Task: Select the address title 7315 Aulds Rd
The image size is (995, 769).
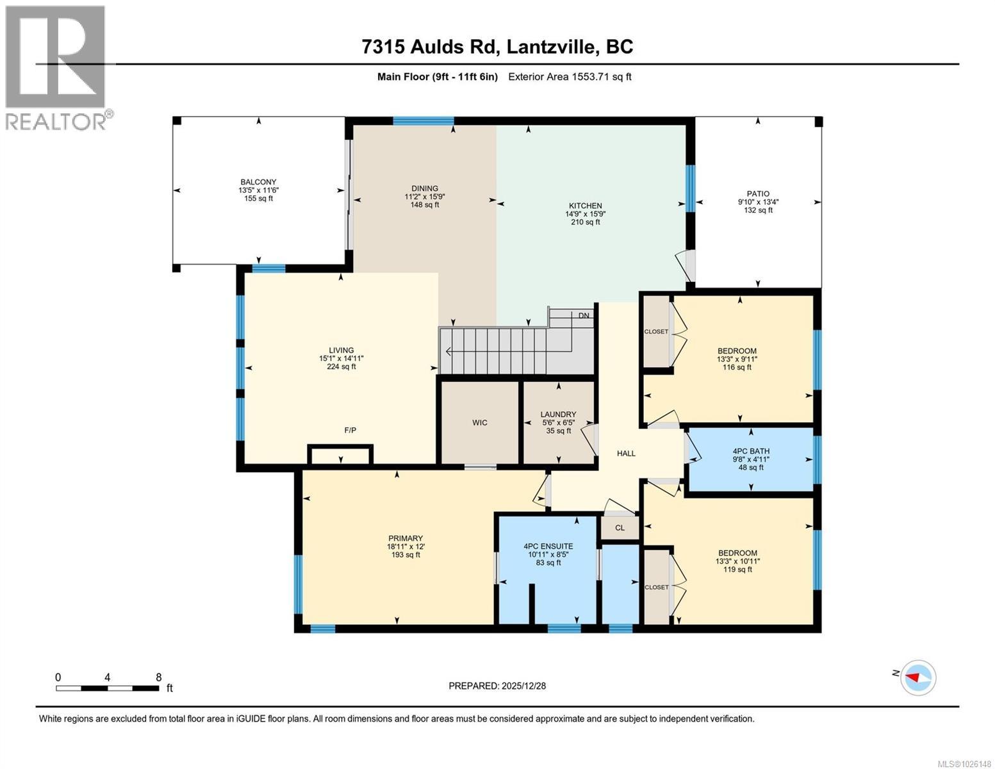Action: coord(497,47)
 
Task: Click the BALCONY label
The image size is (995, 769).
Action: coord(258,182)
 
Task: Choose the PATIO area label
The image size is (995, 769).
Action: coord(757,194)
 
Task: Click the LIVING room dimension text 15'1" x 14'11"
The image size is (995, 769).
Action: coord(341,359)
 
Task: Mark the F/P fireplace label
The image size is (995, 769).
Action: coord(350,430)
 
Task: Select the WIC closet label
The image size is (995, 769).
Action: coord(480,422)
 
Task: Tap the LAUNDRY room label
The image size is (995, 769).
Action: coord(558,415)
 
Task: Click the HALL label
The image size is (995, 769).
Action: coord(626,453)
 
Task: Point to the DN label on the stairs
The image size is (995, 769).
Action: coord(584,315)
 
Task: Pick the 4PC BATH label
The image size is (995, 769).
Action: coord(751,451)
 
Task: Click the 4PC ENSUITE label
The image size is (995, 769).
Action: coord(548,547)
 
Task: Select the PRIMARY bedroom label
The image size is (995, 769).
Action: coord(405,538)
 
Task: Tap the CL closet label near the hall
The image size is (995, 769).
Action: coord(620,528)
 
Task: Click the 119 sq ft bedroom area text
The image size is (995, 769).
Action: coord(737,569)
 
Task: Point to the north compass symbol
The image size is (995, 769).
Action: coord(918,677)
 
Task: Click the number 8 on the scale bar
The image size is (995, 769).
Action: coord(158,677)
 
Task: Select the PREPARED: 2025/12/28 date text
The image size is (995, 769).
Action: coord(497,686)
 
